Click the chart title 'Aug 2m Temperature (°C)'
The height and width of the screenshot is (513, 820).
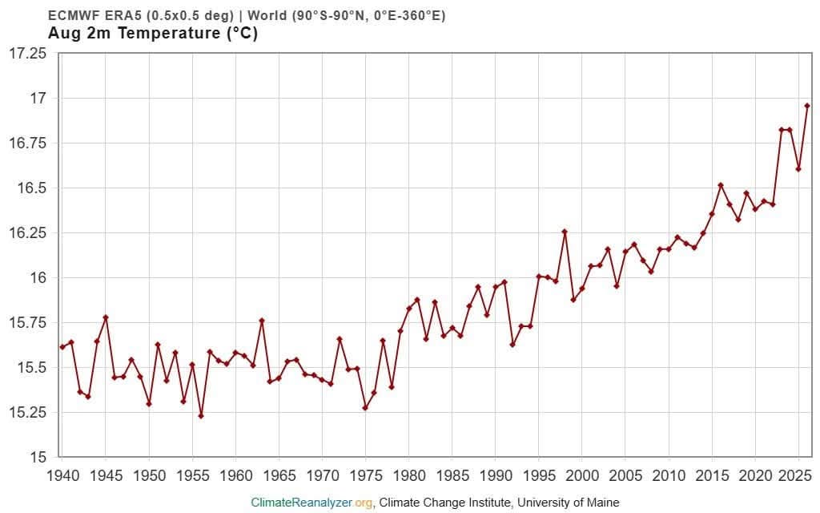tap(153, 33)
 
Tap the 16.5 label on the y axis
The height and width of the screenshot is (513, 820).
tap(32, 188)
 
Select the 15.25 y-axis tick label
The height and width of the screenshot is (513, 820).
tap(28, 413)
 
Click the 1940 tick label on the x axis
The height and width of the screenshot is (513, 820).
tap(63, 476)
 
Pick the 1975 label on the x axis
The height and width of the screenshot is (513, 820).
tap(365, 476)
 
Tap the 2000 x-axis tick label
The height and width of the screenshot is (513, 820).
tap(582, 476)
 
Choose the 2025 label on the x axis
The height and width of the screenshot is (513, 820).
tap(795, 476)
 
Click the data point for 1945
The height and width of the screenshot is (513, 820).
tap(106, 317)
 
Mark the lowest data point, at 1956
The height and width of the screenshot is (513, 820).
tap(201, 416)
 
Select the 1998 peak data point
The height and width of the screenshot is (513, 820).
tap(565, 232)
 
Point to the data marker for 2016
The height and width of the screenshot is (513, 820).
tap(721, 185)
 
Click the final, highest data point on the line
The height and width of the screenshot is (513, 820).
tap(807, 106)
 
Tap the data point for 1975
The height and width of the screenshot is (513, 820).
tap(365, 408)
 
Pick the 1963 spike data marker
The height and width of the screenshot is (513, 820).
tap(262, 321)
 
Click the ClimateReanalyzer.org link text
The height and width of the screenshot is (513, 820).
tap(312, 503)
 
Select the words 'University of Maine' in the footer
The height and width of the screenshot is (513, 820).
tap(568, 503)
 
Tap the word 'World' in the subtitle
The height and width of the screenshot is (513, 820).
tap(267, 15)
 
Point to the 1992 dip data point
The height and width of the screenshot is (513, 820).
tap(512, 345)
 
